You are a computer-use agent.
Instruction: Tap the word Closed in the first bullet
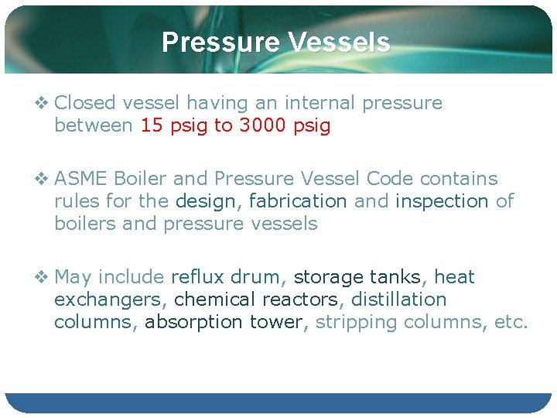coord(85,103)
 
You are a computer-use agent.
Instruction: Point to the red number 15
coord(151,125)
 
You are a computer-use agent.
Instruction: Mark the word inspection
coord(442,201)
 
